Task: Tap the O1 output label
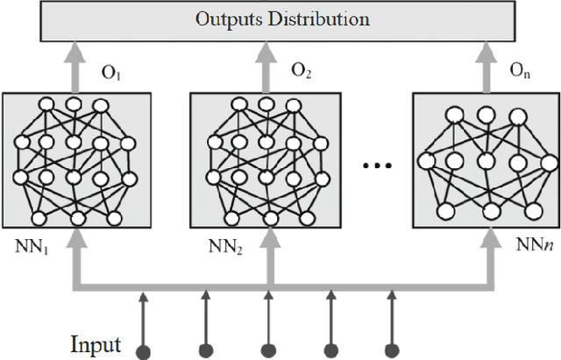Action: (110, 73)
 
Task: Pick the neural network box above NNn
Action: (486, 159)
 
